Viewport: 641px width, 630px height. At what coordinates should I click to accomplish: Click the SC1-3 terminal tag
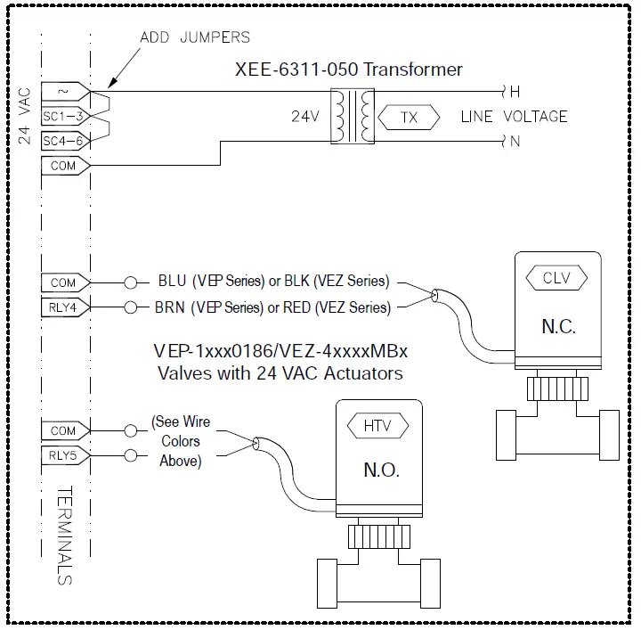pyautogui.click(x=64, y=115)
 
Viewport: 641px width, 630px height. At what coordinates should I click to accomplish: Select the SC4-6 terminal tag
pyautogui.click(x=64, y=139)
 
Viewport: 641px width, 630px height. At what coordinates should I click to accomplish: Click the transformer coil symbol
pyautogui.click(x=353, y=117)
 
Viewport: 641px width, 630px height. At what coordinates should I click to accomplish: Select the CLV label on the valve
pyautogui.click(x=556, y=278)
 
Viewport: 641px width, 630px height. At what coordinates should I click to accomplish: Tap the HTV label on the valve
pyautogui.click(x=377, y=426)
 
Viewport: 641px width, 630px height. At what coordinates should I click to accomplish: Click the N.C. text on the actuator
pyautogui.click(x=558, y=326)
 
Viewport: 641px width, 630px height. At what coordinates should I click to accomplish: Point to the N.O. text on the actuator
pyautogui.click(x=380, y=470)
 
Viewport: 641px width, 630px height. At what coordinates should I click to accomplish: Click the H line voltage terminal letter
pyautogui.click(x=514, y=92)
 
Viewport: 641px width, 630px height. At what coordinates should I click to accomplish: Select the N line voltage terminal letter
pyautogui.click(x=514, y=142)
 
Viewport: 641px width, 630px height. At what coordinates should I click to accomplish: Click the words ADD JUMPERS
pyautogui.click(x=195, y=37)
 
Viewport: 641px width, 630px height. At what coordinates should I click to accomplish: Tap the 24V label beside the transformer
pyautogui.click(x=305, y=117)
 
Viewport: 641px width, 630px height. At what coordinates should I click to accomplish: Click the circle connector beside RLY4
pyautogui.click(x=131, y=308)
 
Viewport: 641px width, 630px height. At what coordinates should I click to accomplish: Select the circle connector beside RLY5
pyautogui.click(x=131, y=456)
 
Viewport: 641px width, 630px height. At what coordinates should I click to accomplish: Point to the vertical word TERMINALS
pyautogui.click(x=64, y=535)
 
